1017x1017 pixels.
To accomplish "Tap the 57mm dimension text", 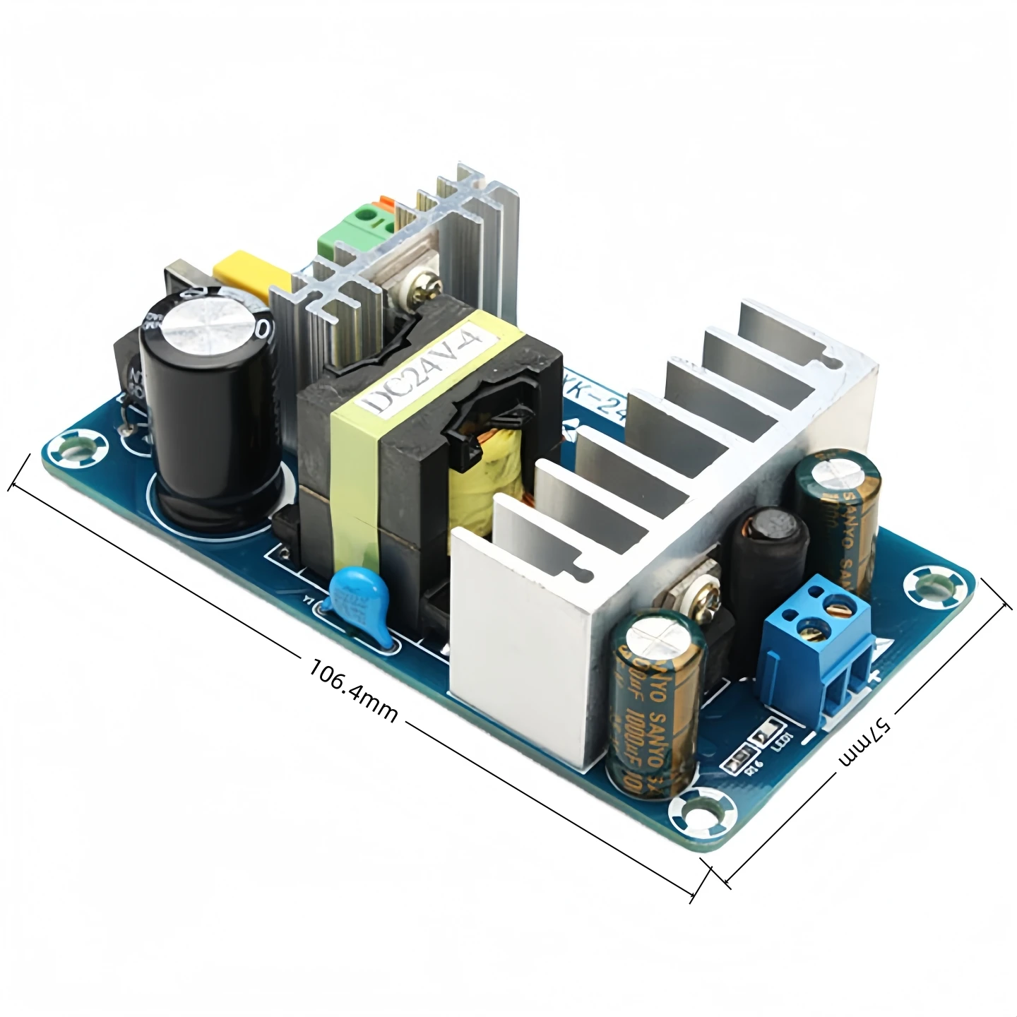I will click(866, 741).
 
